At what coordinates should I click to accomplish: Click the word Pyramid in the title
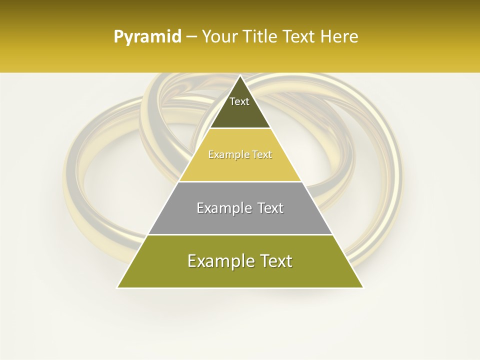click(x=147, y=37)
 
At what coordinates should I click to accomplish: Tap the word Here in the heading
click(x=339, y=37)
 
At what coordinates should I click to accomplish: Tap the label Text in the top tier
click(x=239, y=101)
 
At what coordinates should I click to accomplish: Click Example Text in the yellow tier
click(x=240, y=154)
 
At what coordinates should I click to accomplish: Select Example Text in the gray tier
click(x=240, y=208)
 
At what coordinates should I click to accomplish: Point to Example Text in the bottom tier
click(x=240, y=261)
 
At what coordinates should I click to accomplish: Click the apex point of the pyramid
click(x=240, y=76)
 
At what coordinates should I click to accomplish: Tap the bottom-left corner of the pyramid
click(x=118, y=287)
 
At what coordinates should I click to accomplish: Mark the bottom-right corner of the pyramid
click(x=362, y=287)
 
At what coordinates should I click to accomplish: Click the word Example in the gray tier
click(x=224, y=208)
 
